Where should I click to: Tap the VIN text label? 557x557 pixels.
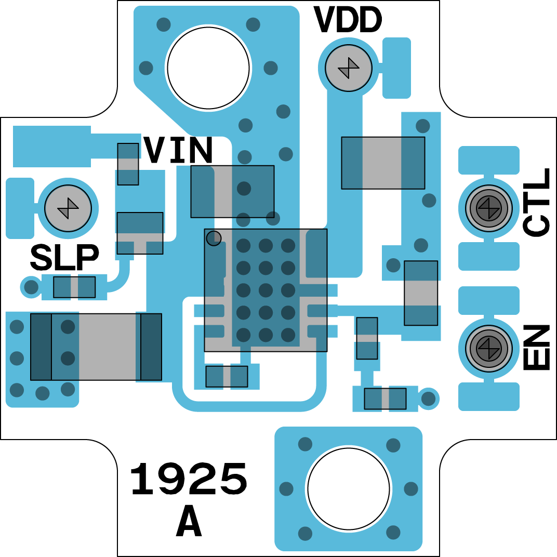pyautogui.click(x=178, y=151)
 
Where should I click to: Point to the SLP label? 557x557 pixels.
pyautogui.click(x=64, y=258)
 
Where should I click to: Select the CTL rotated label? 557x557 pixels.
pyautogui.click(x=537, y=203)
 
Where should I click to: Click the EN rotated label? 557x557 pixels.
pyautogui.click(x=537, y=348)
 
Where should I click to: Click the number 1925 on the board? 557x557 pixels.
pyautogui.click(x=188, y=480)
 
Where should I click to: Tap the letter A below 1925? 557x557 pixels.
pyautogui.click(x=189, y=522)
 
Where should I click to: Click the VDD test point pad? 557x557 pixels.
pyautogui.click(x=348, y=68)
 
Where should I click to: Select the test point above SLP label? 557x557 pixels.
pyautogui.click(x=68, y=208)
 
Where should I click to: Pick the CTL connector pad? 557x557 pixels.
pyautogui.click(x=488, y=208)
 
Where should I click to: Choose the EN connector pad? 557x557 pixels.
pyautogui.click(x=488, y=348)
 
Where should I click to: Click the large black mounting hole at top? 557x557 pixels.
pyautogui.click(x=208, y=68)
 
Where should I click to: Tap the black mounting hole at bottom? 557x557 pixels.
pyautogui.click(x=348, y=489)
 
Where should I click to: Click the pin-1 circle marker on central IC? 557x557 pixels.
pyautogui.click(x=214, y=238)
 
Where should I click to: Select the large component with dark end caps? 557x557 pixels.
pyautogui.click(x=96, y=347)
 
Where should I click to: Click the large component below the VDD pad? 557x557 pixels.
pyautogui.click(x=383, y=163)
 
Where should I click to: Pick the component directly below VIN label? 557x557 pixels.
pyautogui.click(x=232, y=191)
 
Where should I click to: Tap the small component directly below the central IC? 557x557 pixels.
pyautogui.click(x=227, y=376)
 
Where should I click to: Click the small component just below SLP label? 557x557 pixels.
pyautogui.click(x=74, y=287)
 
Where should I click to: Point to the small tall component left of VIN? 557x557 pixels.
pyautogui.click(x=128, y=164)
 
